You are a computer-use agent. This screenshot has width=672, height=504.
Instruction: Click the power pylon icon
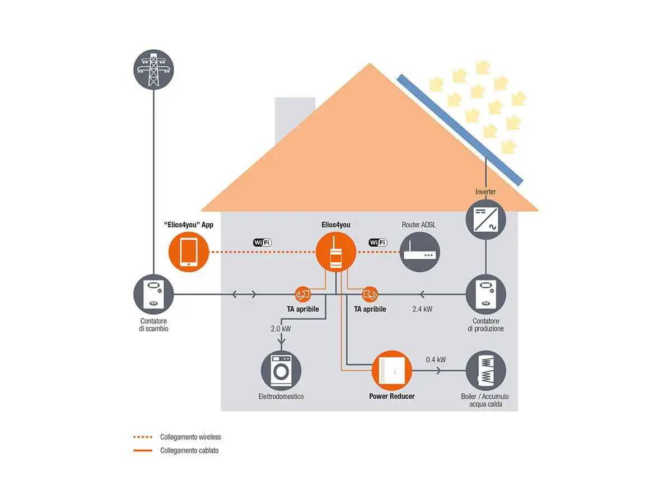[x=153, y=69]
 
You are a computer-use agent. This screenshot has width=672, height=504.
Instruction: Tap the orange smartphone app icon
[x=188, y=252]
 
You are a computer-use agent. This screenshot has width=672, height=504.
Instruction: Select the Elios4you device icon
[x=335, y=252]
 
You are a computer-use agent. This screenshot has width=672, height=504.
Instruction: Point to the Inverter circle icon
[x=486, y=220]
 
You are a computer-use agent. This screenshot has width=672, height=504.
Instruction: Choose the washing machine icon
[x=281, y=370]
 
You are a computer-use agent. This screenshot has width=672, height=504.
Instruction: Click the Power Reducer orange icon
[x=392, y=370]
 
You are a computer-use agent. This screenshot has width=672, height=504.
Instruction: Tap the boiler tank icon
[x=486, y=370]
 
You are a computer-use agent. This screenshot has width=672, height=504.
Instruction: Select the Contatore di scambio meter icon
[x=153, y=293]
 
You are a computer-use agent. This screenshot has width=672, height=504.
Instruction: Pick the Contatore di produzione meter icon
[x=486, y=293]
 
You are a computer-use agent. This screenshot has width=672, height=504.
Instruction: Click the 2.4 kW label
[x=422, y=309]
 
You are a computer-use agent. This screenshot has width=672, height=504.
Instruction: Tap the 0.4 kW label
[x=436, y=359]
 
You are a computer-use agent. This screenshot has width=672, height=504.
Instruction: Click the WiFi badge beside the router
[x=377, y=242]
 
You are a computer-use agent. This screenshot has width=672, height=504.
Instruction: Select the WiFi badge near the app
[x=262, y=242]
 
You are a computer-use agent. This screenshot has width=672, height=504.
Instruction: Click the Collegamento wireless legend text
[x=190, y=437]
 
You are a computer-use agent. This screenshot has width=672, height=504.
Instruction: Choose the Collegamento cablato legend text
[x=189, y=450]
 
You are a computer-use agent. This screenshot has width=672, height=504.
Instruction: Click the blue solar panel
[x=459, y=129]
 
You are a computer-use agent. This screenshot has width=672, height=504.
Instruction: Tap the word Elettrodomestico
[x=281, y=396]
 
